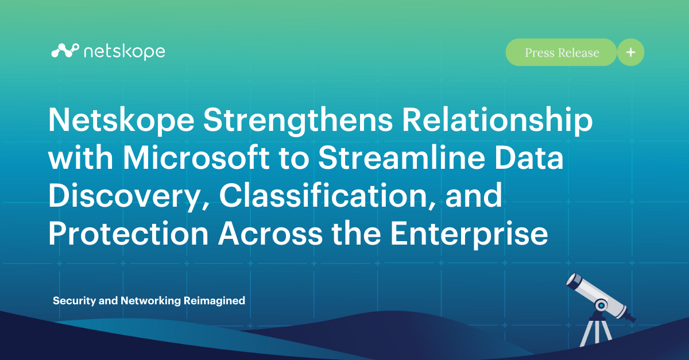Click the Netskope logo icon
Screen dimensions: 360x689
pyautogui.click(x=64, y=52)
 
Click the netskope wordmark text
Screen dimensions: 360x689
pyautogui.click(x=124, y=52)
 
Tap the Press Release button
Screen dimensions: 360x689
pyautogui.click(x=561, y=53)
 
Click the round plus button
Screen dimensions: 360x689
pyautogui.click(x=630, y=53)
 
